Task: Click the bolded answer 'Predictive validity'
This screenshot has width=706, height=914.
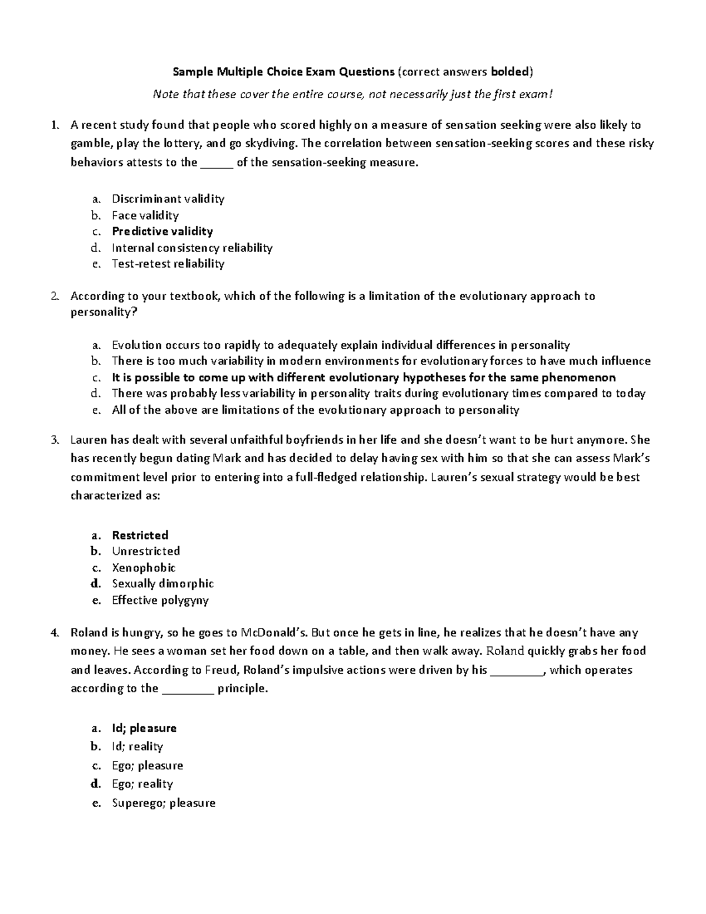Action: tap(162, 231)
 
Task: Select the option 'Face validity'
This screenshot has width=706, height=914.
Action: tap(145, 215)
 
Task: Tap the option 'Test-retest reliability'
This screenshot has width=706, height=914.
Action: tap(168, 264)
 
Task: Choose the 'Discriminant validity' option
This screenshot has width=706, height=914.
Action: tap(168, 199)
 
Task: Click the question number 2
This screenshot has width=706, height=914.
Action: tap(55, 296)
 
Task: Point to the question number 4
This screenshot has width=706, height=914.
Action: tap(55, 633)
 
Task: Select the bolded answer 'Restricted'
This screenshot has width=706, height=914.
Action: tap(140, 535)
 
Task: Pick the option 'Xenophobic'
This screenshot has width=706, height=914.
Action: tap(144, 568)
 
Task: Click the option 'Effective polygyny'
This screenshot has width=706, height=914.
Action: tap(160, 600)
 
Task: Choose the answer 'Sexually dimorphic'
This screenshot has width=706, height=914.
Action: tap(163, 584)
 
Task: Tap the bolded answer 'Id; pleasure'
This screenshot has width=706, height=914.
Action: tap(144, 728)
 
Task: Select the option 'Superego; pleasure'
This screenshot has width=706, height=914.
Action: tap(164, 803)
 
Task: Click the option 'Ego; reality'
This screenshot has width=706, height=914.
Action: tap(142, 784)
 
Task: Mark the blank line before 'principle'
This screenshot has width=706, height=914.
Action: tap(187, 689)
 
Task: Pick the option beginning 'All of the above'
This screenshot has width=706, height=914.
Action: tap(315, 410)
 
